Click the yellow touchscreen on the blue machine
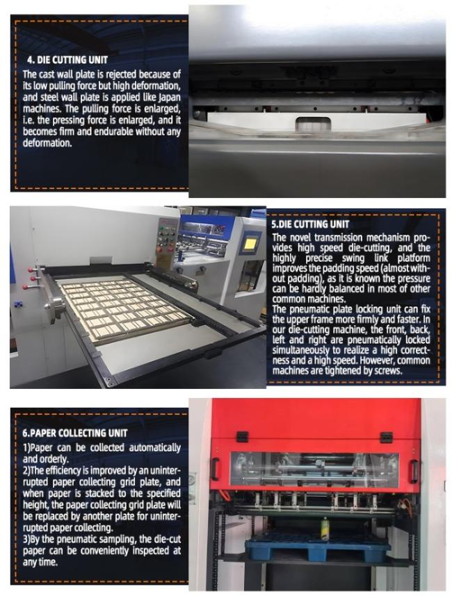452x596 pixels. point(250,245)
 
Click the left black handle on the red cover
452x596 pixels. point(216,470)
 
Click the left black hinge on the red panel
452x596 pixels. point(242,436)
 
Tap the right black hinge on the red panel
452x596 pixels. point(387,437)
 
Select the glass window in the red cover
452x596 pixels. point(314,471)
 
